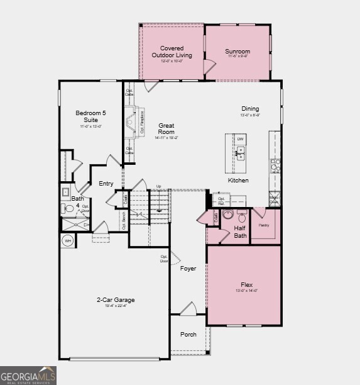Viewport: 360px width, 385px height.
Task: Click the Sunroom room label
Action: click(237, 52)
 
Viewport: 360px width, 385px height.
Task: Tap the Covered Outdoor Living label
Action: click(172, 52)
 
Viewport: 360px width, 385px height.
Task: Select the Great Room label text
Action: click(166, 129)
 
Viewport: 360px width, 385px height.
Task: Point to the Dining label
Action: click(250, 109)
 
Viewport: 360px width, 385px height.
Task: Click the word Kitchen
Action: click(238, 181)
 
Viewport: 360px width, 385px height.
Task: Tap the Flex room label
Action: click(246, 284)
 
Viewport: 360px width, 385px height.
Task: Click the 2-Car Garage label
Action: click(116, 300)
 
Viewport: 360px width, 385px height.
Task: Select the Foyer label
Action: click(188, 269)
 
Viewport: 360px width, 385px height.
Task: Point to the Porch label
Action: click(188, 334)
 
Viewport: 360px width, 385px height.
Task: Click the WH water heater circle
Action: click(67, 240)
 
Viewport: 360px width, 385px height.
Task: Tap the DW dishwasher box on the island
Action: click(240, 138)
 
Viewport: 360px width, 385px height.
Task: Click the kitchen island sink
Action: click(239, 152)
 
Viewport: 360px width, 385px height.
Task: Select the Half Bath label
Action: click(240, 232)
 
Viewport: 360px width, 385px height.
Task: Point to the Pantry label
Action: click(264, 225)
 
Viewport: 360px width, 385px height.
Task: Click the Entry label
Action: click(106, 184)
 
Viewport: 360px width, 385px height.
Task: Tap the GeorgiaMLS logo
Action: click(28, 375)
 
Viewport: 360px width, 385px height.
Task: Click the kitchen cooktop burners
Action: click(275, 165)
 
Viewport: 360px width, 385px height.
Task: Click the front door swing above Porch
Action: click(188, 309)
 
